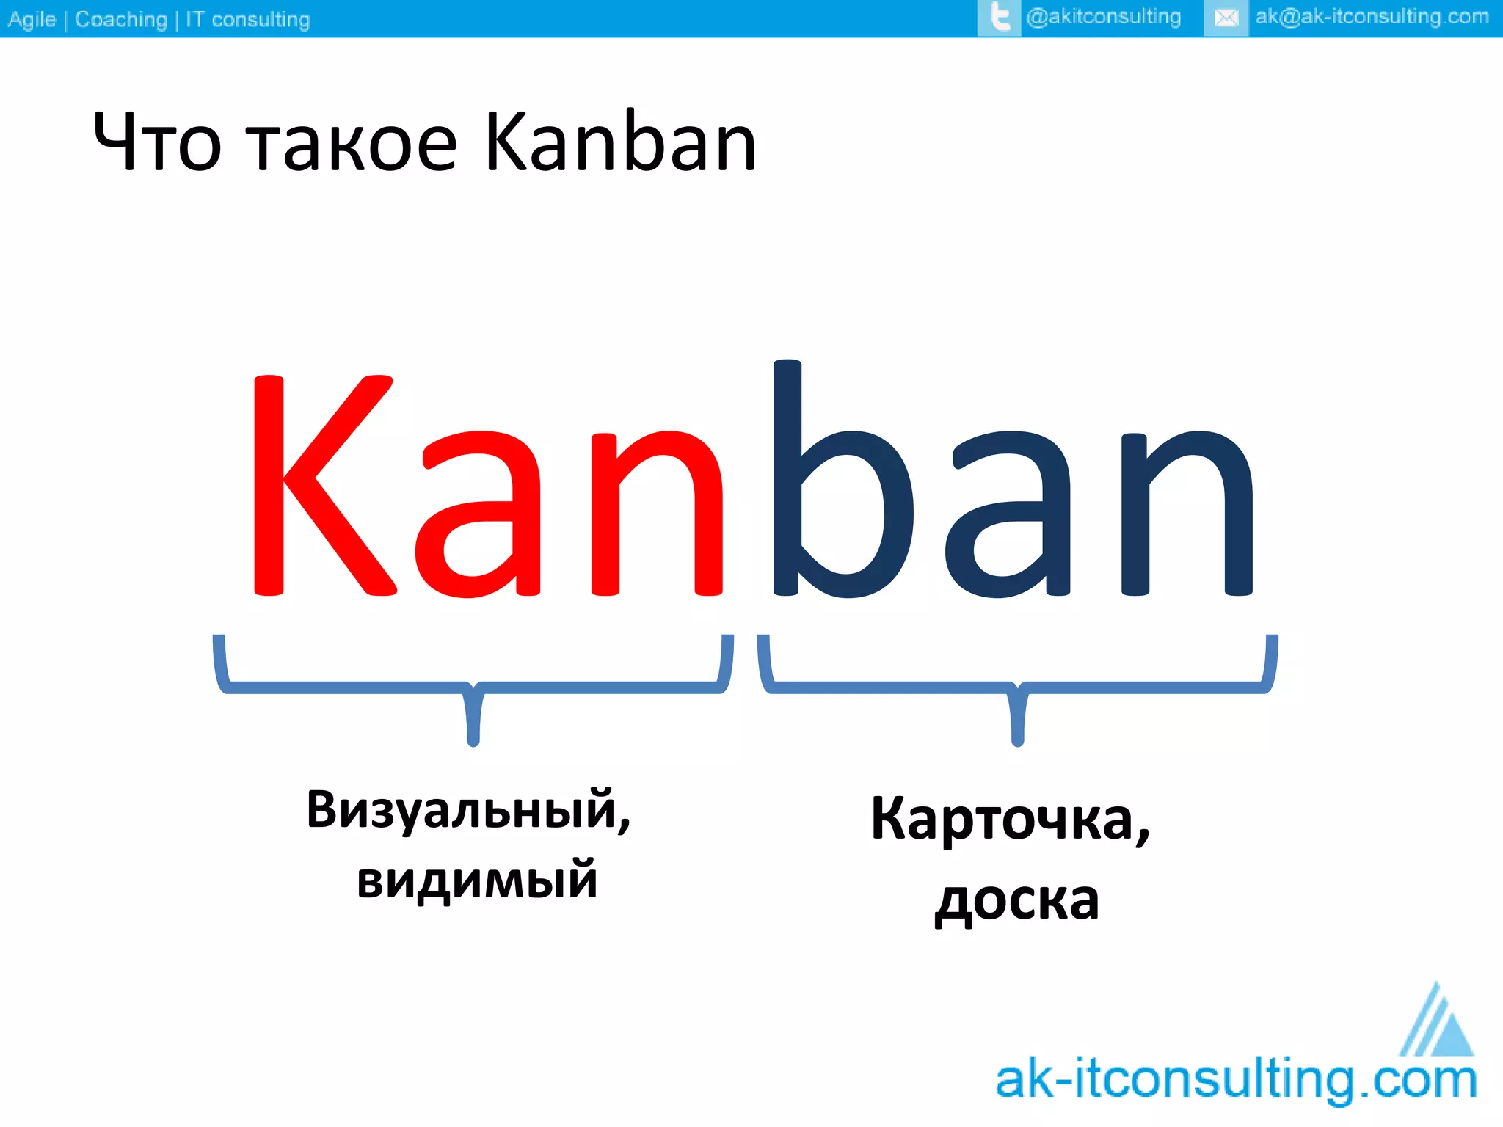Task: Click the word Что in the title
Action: pyautogui.click(x=157, y=142)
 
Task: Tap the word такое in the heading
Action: pyautogui.click(x=351, y=144)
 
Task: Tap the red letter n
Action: pyautogui.click(x=657, y=514)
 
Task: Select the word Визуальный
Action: pyautogui.click(x=468, y=811)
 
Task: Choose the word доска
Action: pyautogui.click(x=1016, y=900)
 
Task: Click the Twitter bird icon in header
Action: pyautogui.click(x=999, y=18)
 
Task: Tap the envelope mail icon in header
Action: pyautogui.click(x=1226, y=18)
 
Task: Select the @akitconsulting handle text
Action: pyautogui.click(x=1104, y=17)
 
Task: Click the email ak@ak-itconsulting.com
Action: pyautogui.click(x=1372, y=17)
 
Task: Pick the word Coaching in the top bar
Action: pyautogui.click(x=121, y=19)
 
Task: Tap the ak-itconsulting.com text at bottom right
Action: pyautogui.click(x=1236, y=1080)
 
